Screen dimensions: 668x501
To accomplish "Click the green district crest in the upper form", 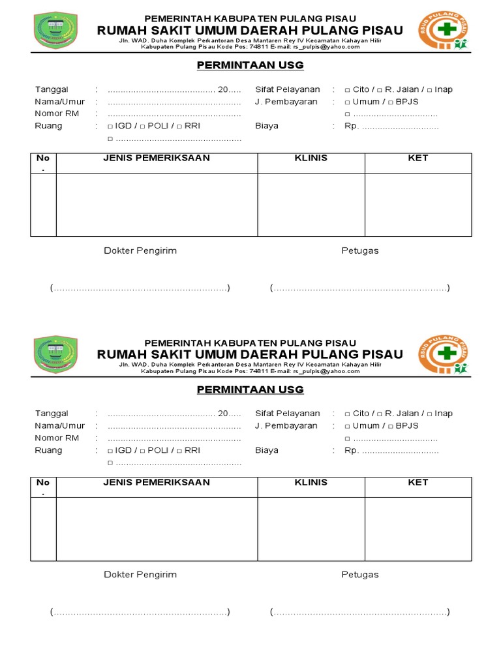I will coord(55,31).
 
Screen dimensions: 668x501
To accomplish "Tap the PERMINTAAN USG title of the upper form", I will coord(250,65).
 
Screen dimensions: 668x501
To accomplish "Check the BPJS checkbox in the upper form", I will coord(391,102).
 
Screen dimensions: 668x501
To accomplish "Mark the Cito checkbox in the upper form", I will coord(347,90).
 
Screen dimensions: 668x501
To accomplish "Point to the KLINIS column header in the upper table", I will coord(311,158).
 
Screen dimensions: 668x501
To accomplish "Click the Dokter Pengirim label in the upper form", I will coord(140,250).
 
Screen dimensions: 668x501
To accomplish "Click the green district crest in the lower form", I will coord(55,355).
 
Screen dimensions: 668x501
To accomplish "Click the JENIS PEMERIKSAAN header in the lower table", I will coord(157,482).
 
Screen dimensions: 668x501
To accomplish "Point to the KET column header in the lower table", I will coord(417,482).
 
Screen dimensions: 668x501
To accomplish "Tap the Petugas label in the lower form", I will coord(359,575).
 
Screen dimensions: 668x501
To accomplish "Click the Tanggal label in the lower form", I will coord(52,414).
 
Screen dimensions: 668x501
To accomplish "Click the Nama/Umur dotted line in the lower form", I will coord(174,427).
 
